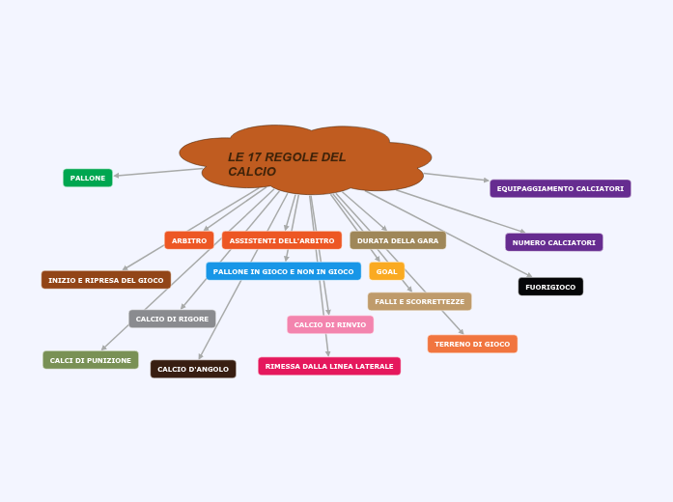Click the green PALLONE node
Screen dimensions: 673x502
coord(88,178)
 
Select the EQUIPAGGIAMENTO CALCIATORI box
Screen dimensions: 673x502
coord(560,188)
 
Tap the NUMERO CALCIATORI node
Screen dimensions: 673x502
coord(553,242)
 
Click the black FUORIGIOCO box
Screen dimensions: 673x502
coord(550,287)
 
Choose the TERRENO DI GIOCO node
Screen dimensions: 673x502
coord(472,344)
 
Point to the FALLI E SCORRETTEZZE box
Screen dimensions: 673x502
coord(419,301)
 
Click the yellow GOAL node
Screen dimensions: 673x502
coord(386,271)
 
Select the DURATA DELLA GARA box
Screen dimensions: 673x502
coord(398,240)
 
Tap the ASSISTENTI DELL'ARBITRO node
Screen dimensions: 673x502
coord(282,240)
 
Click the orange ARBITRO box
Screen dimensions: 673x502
coord(189,240)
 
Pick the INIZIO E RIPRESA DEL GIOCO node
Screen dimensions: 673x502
coord(106,280)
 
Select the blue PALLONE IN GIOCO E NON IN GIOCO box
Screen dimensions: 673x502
coord(283,271)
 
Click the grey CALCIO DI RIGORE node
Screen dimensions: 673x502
coord(172,319)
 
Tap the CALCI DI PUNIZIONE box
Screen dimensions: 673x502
coord(91,360)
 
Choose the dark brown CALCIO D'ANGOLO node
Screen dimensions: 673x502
coord(193,369)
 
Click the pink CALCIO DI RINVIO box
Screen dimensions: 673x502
coord(330,324)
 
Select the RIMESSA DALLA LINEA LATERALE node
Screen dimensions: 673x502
coord(329,366)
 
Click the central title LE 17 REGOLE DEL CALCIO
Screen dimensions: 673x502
coord(287,164)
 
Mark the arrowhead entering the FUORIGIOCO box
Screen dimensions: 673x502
coord(529,276)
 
